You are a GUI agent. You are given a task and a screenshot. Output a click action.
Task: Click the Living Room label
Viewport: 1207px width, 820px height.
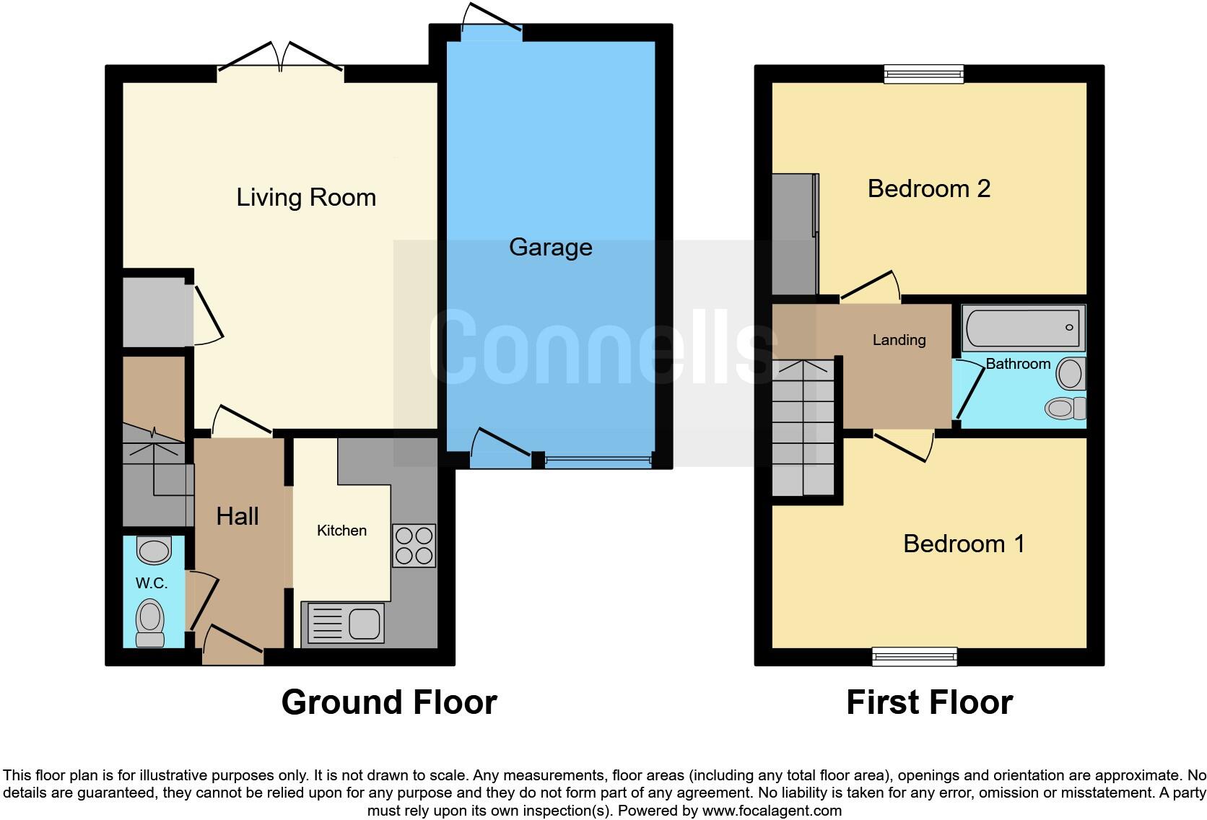pyautogui.click(x=306, y=197)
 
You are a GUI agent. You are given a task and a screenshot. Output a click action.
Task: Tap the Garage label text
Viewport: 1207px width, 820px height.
pyautogui.click(x=550, y=247)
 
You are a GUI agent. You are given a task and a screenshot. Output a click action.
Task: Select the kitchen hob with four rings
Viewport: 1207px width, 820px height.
pyautogui.click(x=414, y=546)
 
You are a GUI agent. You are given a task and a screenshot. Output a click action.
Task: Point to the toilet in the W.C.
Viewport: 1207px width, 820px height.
pyautogui.click(x=150, y=622)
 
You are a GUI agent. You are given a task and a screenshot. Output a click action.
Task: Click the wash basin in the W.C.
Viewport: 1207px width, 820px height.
pyautogui.click(x=153, y=550)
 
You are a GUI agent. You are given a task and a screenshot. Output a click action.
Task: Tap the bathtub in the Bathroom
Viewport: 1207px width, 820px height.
pyautogui.click(x=1023, y=328)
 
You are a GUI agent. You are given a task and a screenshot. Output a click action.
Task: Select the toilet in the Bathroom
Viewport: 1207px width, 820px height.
pyautogui.click(x=1066, y=408)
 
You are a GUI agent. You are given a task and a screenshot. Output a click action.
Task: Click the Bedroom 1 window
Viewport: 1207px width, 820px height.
pyautogui.click(x=915, y=656)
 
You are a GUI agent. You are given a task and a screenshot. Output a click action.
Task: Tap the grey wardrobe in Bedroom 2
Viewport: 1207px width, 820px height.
pyautogui.click(x=794, y=235)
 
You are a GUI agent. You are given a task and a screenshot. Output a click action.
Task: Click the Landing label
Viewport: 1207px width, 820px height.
pyautogui.click(x=899, y=340)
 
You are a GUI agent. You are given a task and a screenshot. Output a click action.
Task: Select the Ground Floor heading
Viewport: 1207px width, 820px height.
pyautogui.click(x=389, y=702)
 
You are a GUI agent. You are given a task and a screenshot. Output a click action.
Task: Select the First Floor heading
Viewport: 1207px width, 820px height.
pyautogui.click(x=929, y=702)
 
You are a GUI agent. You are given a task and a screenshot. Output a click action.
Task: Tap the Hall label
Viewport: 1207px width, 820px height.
pyautogui.click(x=238, y=516)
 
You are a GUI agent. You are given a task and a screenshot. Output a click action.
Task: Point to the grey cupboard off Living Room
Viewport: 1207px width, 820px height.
pyautogui.click(x=154, y=313)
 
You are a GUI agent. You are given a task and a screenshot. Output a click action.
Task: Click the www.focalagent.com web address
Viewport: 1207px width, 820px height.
pyautogui.click(x=772, y=811)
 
